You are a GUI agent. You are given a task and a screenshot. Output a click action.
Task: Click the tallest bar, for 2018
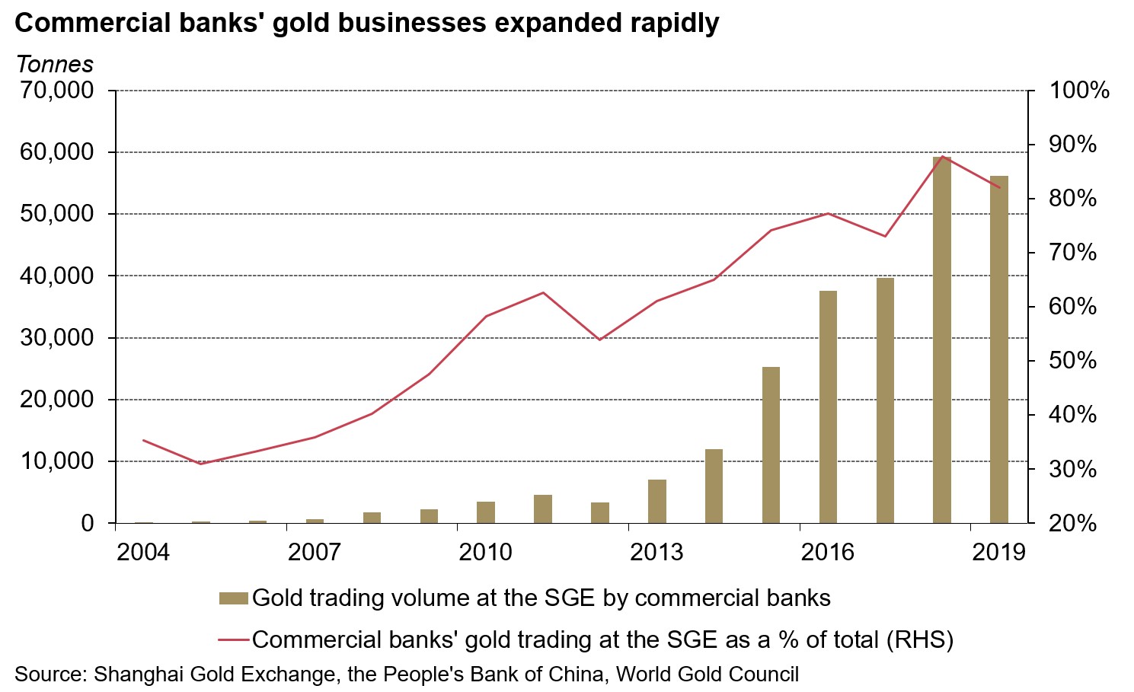[x=942, y=340]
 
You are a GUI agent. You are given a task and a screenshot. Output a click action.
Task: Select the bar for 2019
[x=999, y=349]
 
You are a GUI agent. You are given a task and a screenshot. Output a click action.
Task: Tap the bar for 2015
[x=771, y=445]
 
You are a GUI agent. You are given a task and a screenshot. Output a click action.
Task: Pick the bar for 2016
[x=828, y=407]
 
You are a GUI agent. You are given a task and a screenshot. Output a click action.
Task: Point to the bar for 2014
[x=714, y=486]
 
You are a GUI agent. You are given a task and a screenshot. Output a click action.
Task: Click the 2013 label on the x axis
[x=656, y=551]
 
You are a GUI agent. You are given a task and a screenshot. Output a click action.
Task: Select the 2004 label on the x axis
[x=143, y=551]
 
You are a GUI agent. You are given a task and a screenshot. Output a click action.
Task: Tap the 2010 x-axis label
[x=485, y=551]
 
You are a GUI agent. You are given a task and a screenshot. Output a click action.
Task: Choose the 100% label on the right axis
[x=1079, y=91]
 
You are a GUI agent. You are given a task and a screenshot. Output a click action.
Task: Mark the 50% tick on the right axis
[x=1073, y=361]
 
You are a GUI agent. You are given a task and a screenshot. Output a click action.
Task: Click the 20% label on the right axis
[x=1073, y=523]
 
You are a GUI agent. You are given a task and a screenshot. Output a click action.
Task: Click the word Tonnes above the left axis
[x=54, y=65]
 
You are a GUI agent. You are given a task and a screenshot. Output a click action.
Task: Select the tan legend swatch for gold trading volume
[x=233, y=598]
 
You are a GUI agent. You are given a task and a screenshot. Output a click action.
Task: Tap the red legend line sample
[x=233, y=639]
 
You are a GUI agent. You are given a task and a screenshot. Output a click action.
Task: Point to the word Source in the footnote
[x=49, y=674]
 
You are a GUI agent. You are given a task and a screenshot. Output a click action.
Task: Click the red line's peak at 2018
[x=942, y=157]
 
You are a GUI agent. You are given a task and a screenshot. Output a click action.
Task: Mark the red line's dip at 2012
[x=599, y=340]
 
